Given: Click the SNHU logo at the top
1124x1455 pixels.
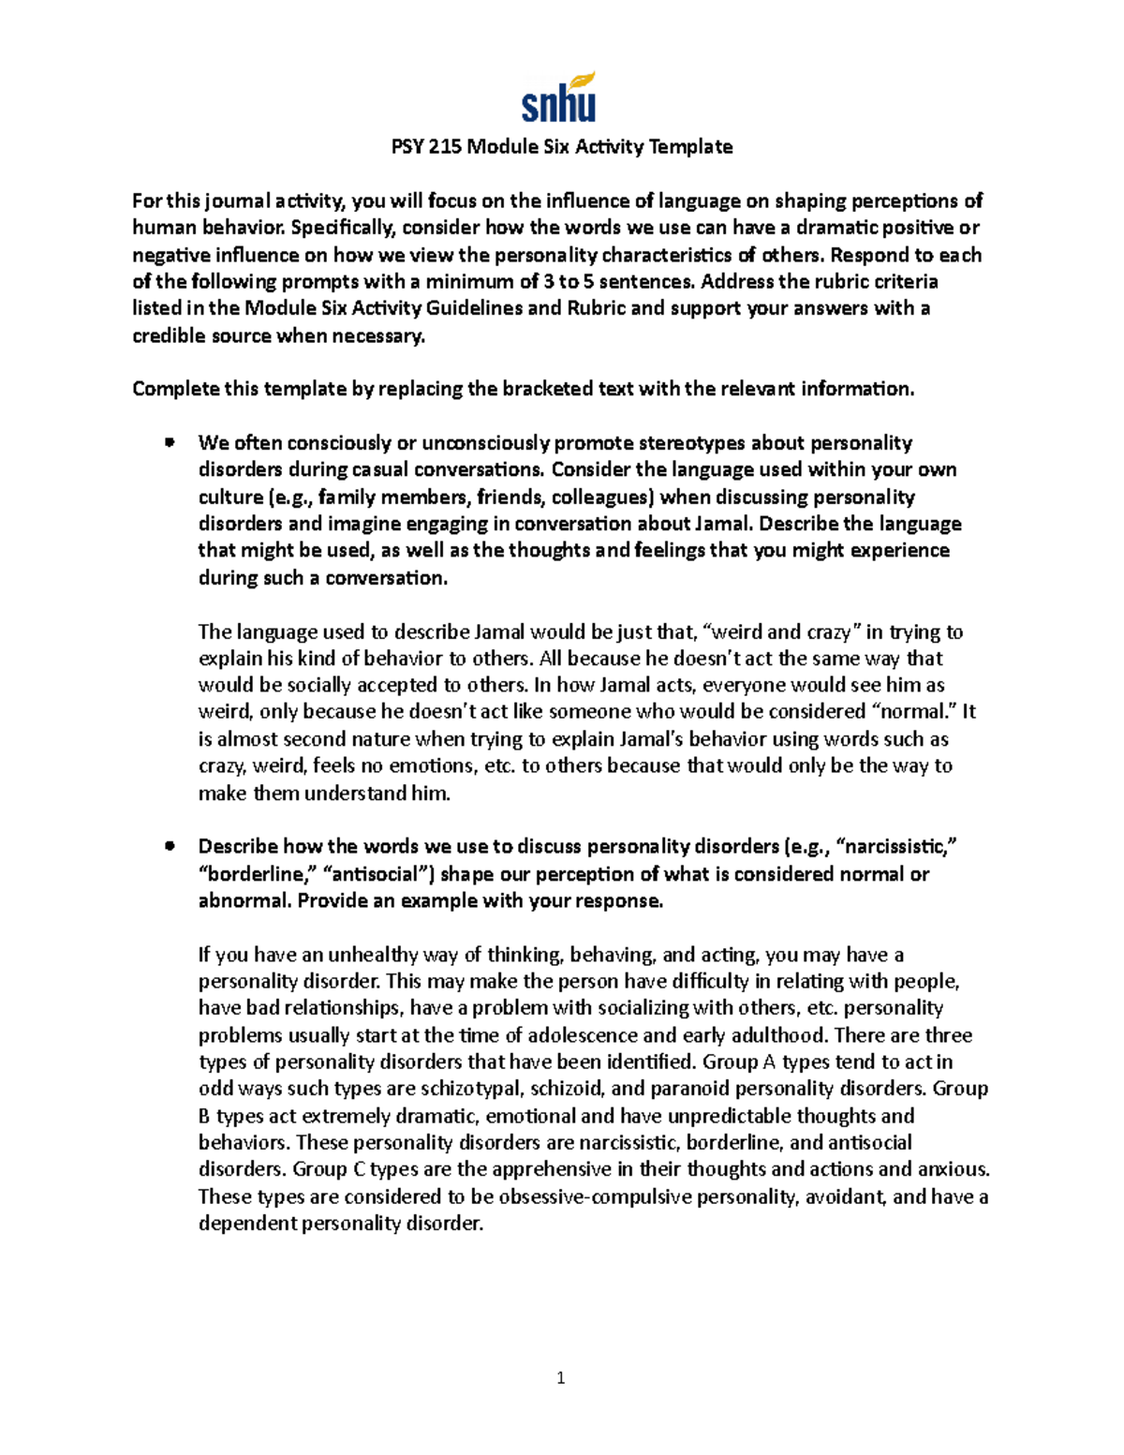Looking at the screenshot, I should point(559,98).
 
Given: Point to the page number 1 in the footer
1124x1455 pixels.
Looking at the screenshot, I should point(561,1377).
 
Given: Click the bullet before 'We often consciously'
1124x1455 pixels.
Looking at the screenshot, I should point(170,442).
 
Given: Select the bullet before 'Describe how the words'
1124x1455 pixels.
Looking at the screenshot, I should point(170,846).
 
